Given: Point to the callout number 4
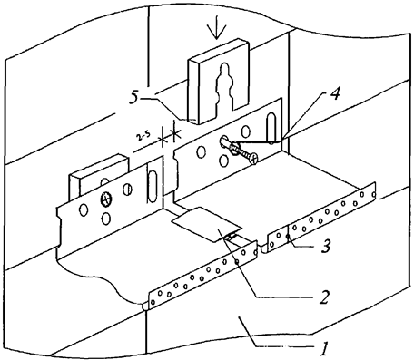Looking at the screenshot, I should [309, 95].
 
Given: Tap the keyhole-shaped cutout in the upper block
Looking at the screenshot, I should [222, 92].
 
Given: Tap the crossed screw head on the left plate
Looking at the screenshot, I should [105, 198].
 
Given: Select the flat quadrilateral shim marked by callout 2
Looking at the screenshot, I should [206, 224].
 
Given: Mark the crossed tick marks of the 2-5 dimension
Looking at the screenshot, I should [166, 137].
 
